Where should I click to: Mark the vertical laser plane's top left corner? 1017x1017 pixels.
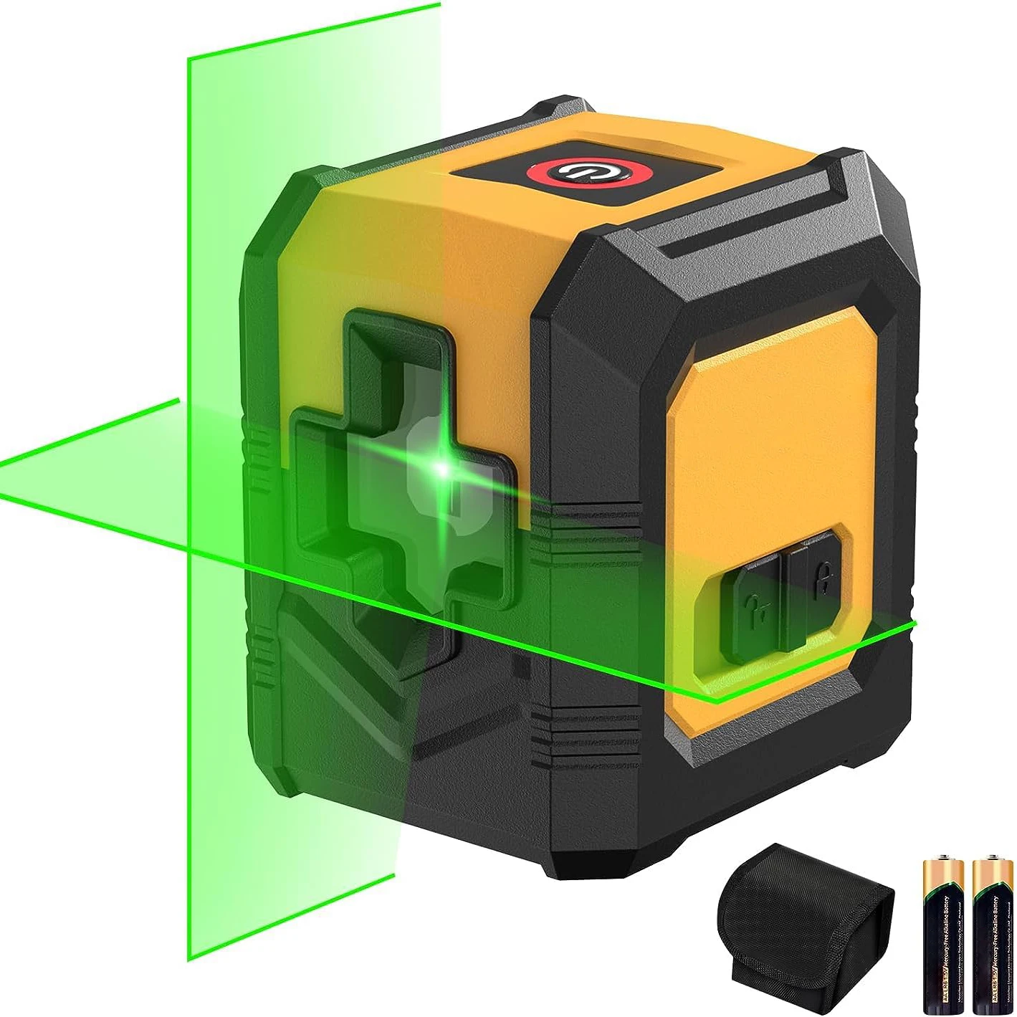pyautogui.click(x=188, y=59)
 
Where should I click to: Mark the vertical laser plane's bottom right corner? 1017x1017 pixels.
pyautogui.click(x=394, y=874)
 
